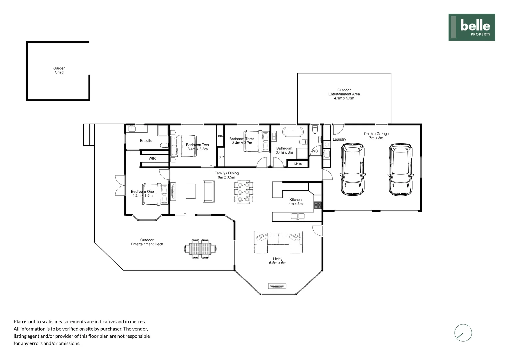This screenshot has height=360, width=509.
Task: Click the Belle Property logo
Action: coord(471,27)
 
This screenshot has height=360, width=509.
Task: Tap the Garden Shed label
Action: coord(59,70)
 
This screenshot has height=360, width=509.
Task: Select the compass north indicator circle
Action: coord(463,333)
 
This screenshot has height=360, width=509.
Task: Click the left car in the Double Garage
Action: coord(353,169)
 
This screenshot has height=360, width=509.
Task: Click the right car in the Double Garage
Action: coord(401,169)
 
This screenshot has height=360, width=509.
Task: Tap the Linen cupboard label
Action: coord(298,164)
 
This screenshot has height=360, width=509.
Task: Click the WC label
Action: coord(315,151)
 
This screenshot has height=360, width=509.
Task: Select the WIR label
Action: coord(152,158)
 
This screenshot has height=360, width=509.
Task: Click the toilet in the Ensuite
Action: coord(164,145)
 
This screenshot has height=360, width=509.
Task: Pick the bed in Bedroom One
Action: coord(156,194)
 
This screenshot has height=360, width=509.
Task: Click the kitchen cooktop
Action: coord(318,205)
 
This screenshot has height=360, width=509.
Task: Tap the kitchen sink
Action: coord(298,216)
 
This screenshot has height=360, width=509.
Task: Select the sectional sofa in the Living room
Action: coord(278,241)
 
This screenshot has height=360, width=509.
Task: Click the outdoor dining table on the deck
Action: coord(200,249)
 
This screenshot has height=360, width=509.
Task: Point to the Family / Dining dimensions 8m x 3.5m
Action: coord(226,177)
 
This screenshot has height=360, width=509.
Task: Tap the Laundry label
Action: coord(339,139)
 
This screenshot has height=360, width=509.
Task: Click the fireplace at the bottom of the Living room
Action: coord(277,286)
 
